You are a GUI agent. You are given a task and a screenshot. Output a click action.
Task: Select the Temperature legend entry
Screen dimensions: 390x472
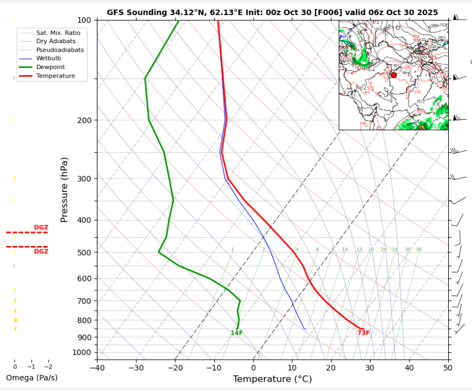[55, 76]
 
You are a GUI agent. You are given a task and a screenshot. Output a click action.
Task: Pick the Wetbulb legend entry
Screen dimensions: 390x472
[48, 58]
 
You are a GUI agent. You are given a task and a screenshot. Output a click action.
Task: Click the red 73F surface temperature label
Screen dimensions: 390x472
[364, 333]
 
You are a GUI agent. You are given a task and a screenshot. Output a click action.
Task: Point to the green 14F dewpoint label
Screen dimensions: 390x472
[236, 333]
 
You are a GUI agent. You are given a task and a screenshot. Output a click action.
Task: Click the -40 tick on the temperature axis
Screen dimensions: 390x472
[97, 368]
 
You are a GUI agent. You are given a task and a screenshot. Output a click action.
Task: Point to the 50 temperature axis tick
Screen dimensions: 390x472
[448, 368]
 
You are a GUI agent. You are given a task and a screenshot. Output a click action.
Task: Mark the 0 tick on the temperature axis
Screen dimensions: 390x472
[254, 368]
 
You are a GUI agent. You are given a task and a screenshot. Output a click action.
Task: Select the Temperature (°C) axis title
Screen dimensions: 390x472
[272, 379]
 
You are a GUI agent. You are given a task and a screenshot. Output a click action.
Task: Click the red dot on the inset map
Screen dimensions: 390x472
[393, 75]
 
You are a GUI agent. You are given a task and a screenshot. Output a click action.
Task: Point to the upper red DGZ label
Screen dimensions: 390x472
[41, 228]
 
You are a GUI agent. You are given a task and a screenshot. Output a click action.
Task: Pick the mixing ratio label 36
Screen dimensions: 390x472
[419, 249]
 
